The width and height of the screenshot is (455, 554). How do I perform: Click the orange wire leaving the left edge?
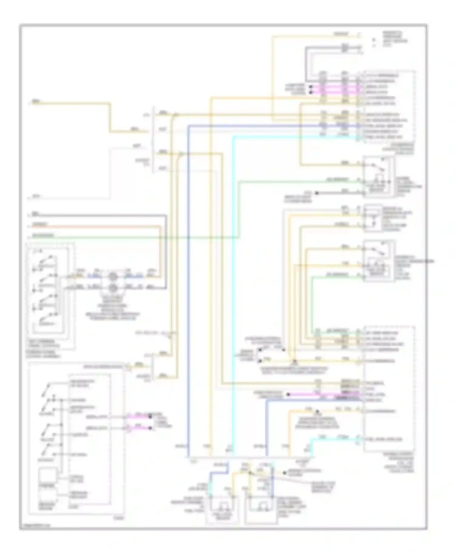coord(91,226)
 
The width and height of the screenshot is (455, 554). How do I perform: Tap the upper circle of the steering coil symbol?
coord(113,276)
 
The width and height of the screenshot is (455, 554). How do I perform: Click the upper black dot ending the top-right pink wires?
coord(311,87)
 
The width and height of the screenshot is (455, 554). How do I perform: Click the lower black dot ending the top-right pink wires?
coord(311,92)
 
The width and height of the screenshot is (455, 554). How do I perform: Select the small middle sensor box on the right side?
coord(373,218)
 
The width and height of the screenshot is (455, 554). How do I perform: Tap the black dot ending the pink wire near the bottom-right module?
coord(288,394)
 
